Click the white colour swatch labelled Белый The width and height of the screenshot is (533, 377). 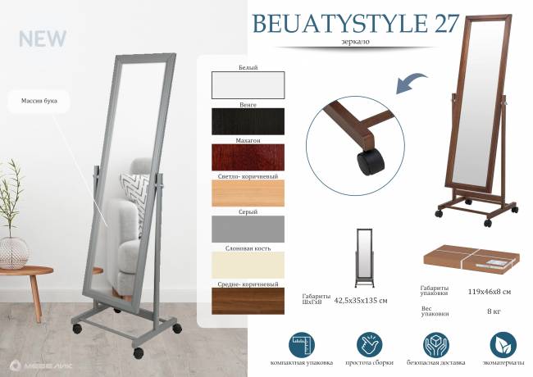click(x=248, y=84)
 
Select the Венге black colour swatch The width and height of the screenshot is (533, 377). click(x=248, y=121)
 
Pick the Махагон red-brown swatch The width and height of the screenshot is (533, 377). click(x=248, y=157)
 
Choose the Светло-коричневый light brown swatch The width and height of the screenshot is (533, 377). click(x=248, y=193)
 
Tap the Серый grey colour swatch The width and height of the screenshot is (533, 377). click(x=248, y=228)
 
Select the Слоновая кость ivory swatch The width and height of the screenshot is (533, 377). click(x=248, y=264)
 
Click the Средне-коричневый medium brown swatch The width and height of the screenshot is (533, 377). click(x=248, y=300)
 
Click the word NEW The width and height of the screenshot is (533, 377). click(x=43, y=39)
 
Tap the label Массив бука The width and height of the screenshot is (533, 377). click(x=39, y=102)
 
